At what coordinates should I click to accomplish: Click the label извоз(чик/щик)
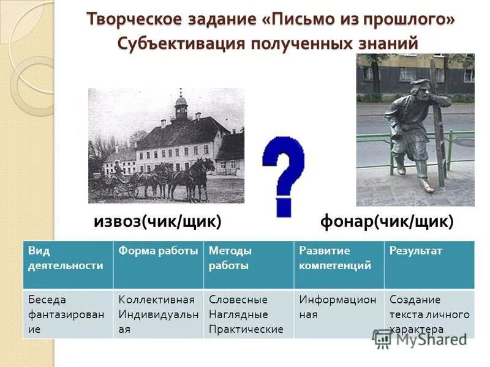pyautogui.click(x=157, y=221)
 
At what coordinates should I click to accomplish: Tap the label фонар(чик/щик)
pyautogui.click(x=386, y=221)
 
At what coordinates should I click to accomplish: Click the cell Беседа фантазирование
pyautogui.click(x=67, y=314)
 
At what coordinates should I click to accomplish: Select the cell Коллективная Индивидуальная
pyautogui.click(x=158, y=314)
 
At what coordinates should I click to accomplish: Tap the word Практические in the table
pyautogui.click(x=246, y=329)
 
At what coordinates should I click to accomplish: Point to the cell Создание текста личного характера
pyautogui.click(x=429, y=314)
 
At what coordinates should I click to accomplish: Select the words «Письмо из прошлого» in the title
pyautogui.click(x=358, y=19)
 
